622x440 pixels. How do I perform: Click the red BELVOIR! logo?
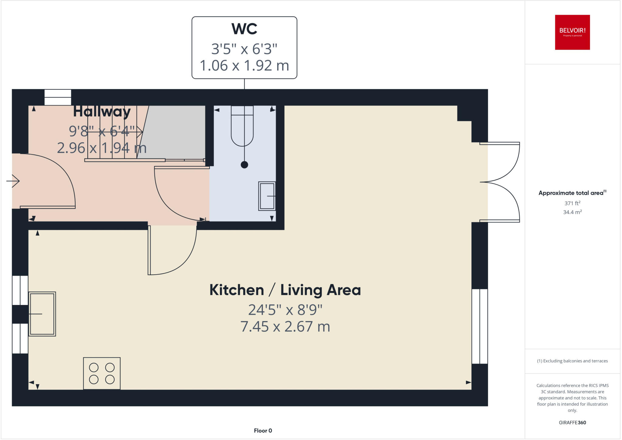click(572, 32)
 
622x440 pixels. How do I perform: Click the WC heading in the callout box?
click(244, 29)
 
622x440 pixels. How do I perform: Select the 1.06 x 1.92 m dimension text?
click(244, 66)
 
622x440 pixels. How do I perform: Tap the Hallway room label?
click(102, 112)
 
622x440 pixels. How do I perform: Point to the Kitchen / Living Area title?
click(285, 290)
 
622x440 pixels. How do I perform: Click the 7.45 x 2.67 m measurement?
click(285, 327)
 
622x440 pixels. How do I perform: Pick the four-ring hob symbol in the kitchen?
click(102, 373)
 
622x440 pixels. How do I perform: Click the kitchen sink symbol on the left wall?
click(42, 314)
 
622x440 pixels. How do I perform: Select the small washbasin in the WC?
click(267, 196)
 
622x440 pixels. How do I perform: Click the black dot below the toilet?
click(244, 165)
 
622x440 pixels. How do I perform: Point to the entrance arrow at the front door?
click(13, 181)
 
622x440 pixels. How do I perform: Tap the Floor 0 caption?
click(263, 431)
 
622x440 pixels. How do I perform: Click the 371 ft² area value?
click(572, 203)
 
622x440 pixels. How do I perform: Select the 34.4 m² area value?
click(572, 212)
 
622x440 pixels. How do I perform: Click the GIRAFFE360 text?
click(572, 422)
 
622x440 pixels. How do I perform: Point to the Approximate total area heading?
click(571, 193)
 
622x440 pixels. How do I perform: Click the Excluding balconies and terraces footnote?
click(572, 361)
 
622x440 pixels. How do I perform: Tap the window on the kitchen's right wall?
click(480, 326)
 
